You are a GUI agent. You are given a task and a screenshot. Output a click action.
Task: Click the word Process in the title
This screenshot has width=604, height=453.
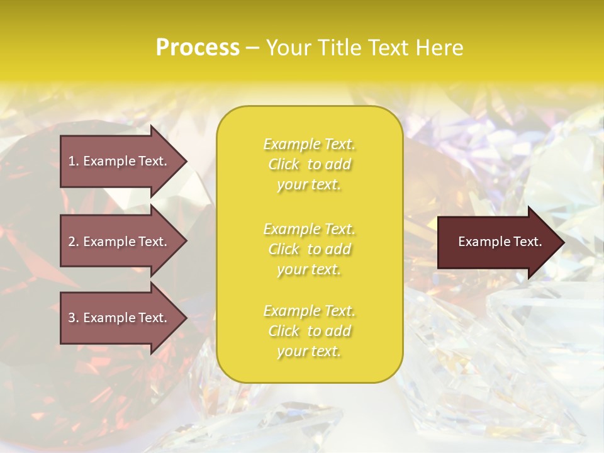[x=198, y=48]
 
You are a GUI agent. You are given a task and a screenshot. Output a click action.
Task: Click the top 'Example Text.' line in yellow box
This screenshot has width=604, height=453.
[x=309, y=145]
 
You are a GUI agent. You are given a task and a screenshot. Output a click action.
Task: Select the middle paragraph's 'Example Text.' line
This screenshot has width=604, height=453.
[x=309, y=229]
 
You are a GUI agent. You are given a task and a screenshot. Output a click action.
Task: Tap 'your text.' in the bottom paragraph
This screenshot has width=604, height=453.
[x=309, y=352]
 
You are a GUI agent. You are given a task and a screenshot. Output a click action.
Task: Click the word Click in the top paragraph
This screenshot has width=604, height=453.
[x=284, y=165]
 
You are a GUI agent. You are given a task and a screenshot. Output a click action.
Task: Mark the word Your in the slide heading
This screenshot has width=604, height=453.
[x=288, y=48]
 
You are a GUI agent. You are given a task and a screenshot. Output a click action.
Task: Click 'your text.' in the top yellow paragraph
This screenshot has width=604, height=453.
[x=309, y=185]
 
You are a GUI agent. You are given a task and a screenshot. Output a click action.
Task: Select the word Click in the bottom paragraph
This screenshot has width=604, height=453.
[x=284, y=332]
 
